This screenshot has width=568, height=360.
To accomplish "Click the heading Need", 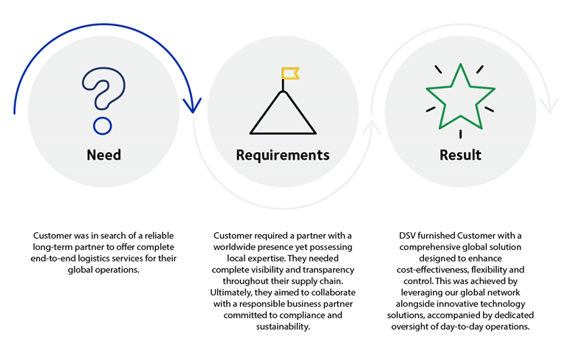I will point(103,155).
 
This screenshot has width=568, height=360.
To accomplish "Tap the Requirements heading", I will point(282,155).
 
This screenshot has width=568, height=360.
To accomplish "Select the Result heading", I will point(459,155).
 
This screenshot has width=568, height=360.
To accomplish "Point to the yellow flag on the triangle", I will point(290,74).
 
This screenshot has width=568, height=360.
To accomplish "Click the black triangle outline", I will point(283,115).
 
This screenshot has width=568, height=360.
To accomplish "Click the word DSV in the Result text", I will point(408,235).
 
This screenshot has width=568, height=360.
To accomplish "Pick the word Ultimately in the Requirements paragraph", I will point(235,292).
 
